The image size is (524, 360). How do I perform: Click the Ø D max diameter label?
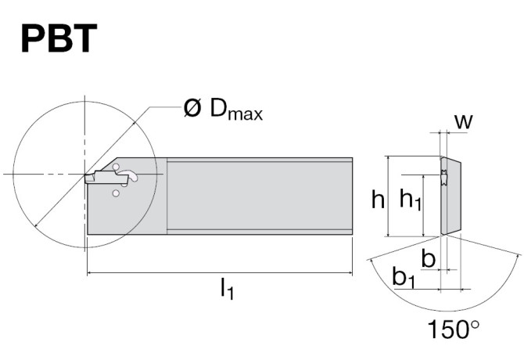[223, 110]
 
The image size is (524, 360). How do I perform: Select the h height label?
[378, 200]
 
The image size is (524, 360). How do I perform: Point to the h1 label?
[411, 201]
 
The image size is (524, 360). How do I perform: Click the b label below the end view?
[428, 258]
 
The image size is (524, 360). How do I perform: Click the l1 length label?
[226, 290]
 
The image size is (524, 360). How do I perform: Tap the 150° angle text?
[454, 329]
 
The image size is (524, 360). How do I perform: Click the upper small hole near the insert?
[116, 167]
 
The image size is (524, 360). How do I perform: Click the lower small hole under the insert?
[116, 193]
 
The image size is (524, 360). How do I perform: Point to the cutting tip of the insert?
[86, 177]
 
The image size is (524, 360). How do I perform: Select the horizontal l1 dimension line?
[219, 273]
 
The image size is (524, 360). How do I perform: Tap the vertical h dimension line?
[389, 196]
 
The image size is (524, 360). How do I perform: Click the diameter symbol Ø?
[192, 109]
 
